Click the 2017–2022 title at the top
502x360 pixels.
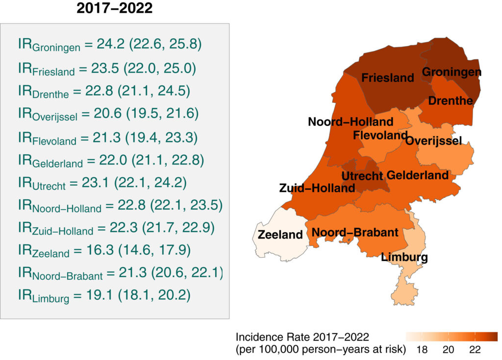[115, 9]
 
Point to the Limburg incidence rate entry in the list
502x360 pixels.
[104, 295]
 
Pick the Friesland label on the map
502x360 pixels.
[388, 77]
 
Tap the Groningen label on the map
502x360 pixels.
[452, 72]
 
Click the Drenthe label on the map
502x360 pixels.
[451, 101]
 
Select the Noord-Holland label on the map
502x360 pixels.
[351, 121]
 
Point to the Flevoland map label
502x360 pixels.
[380, 135]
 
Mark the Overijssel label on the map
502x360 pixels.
[433, 141]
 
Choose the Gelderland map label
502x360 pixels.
[418, 175]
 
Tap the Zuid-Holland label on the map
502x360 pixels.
[317, 188]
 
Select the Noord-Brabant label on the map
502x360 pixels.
[355, 232]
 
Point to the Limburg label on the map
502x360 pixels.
[404, 257]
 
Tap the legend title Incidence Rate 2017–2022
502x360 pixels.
[302, 337]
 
